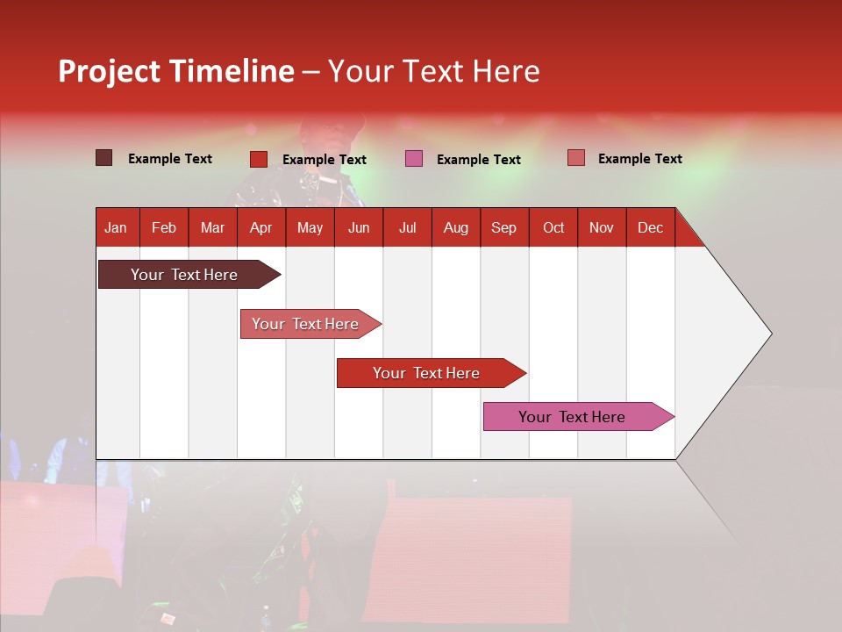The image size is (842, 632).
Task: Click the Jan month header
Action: click(x=116, y=227)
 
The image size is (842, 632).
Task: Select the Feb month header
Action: click(x=164, y=227)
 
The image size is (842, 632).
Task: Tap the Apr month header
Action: click(x=260, y=227)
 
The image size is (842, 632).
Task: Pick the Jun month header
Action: click(x=359, y=227)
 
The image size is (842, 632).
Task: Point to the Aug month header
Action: click(x=455, y=227)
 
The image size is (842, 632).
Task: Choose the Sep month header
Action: click(x=503, y=227)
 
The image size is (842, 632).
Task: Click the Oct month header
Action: click(x=553, y=227)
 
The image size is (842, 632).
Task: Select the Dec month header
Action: click(x=650, y=227)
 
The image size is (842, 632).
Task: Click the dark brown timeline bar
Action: click(x=185, y=275)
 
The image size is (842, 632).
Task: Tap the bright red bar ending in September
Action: click(x=427, y=373)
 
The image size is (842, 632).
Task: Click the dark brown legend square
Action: click(x=104, y=158)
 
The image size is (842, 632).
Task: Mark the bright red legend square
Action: click(x=259, y=159)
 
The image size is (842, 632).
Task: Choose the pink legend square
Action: click(x=414, y=159)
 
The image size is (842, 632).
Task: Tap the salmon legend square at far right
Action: click(x=575, y=158)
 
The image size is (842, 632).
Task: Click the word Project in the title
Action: click(x=110, y=71)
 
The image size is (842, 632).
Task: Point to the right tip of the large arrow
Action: click(x=770, y=334)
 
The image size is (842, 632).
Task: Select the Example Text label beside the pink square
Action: click(x=478, y=160)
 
